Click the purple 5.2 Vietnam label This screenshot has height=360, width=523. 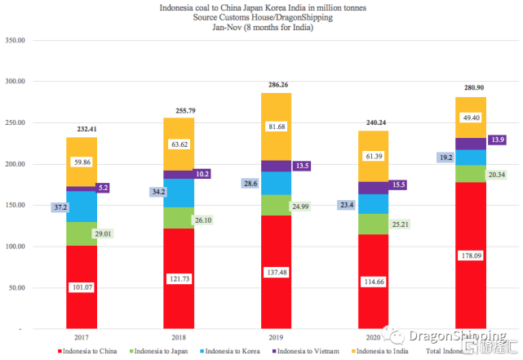102,188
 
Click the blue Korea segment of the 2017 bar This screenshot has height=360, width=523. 82,207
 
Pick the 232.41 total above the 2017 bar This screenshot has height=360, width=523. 82,129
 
